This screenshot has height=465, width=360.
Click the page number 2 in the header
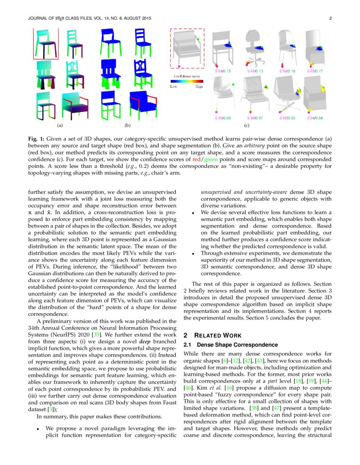click(330, 18)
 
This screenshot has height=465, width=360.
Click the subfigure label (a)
click(60, 126)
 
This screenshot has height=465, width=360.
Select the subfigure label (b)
click(127, 126)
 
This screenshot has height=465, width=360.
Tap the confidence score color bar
click(186, 82)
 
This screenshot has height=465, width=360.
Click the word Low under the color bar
click(174, 86)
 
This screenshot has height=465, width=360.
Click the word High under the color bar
click(199, 86)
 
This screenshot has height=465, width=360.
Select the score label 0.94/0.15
click(222, 71)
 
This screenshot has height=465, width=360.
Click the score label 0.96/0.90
click(222, 118)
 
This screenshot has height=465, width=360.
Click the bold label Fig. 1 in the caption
click(36, 138)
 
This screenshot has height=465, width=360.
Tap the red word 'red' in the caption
click(196, 160)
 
